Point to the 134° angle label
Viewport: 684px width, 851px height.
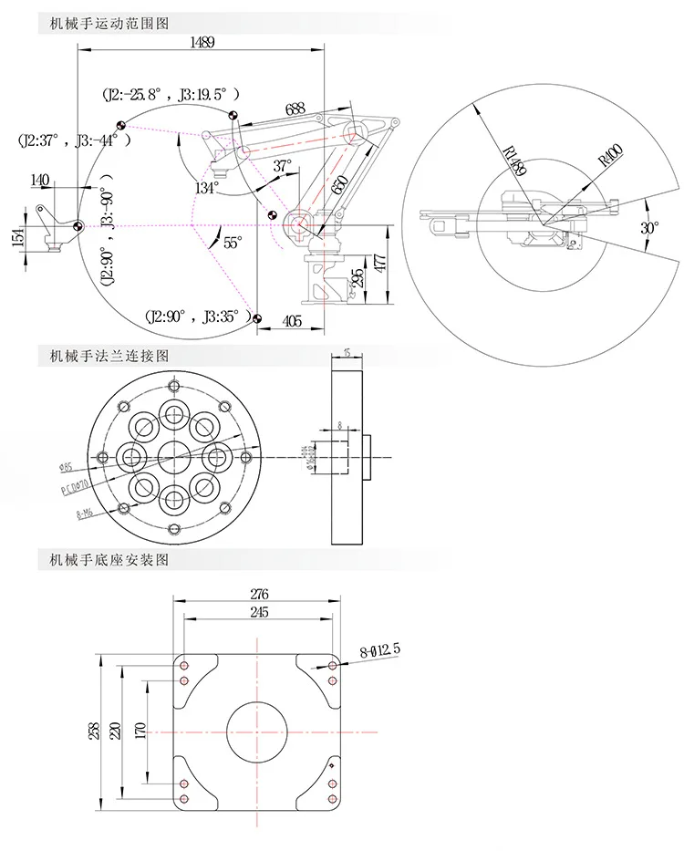[208, 187]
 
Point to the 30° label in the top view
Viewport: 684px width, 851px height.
[648, 228]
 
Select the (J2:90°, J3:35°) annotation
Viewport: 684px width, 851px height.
[197, 317]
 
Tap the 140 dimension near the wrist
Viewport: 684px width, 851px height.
[39, 181]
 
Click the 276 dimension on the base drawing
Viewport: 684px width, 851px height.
[259, 593]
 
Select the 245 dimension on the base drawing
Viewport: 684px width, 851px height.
[258, 613]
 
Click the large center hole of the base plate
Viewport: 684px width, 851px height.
[259, 731]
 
